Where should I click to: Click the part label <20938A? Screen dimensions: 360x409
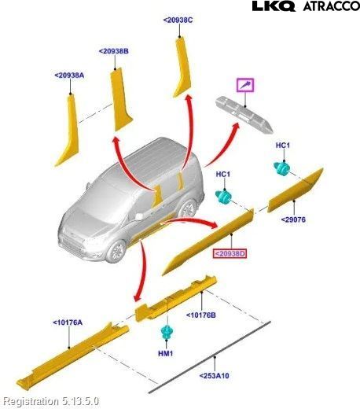pyautogui.click(x=69, y=76)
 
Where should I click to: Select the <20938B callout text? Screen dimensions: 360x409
pyautogui.click(x=114, y=51)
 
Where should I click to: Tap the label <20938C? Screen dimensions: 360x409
pyautogui.click(x=178, y=20)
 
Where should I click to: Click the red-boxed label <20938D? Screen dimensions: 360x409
pyautogui.click(x=230, y=253)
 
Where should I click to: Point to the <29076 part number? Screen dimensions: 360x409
pyautogui.click(x=293, y=219)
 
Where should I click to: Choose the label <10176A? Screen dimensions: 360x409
pyautogui.click(x=68, y=322)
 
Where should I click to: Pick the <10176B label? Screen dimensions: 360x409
pyautogui.click(x=201, y=315)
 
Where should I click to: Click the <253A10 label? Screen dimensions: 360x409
pyautogui.click(x=215, y=376)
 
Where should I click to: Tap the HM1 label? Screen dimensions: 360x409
pyautogui.click(x=166, y=353)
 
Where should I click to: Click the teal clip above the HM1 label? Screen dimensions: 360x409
pyautogui.click(x=166, y=332)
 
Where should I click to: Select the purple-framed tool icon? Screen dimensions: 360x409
pyautogui.click(x=245, y=85)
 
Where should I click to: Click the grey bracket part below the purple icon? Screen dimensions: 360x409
pyautogui.click(x=244, y=115)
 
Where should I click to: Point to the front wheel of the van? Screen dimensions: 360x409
pyautogui.click(x=116, y=251)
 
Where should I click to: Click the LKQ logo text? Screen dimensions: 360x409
pyautogui.click(x=274, y=6)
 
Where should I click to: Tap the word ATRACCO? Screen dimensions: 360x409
pyautogui.click(x=332, y=6)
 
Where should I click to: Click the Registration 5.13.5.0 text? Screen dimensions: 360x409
pyautogui.click(x=51, y=401)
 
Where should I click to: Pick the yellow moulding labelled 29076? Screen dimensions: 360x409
pyautogui.click(x=296, y=190)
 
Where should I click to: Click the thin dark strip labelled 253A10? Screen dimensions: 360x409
pyautogui.click(x=209, y=357)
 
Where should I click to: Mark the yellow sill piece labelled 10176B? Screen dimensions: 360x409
pyautogui.click(x=176, y=298)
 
